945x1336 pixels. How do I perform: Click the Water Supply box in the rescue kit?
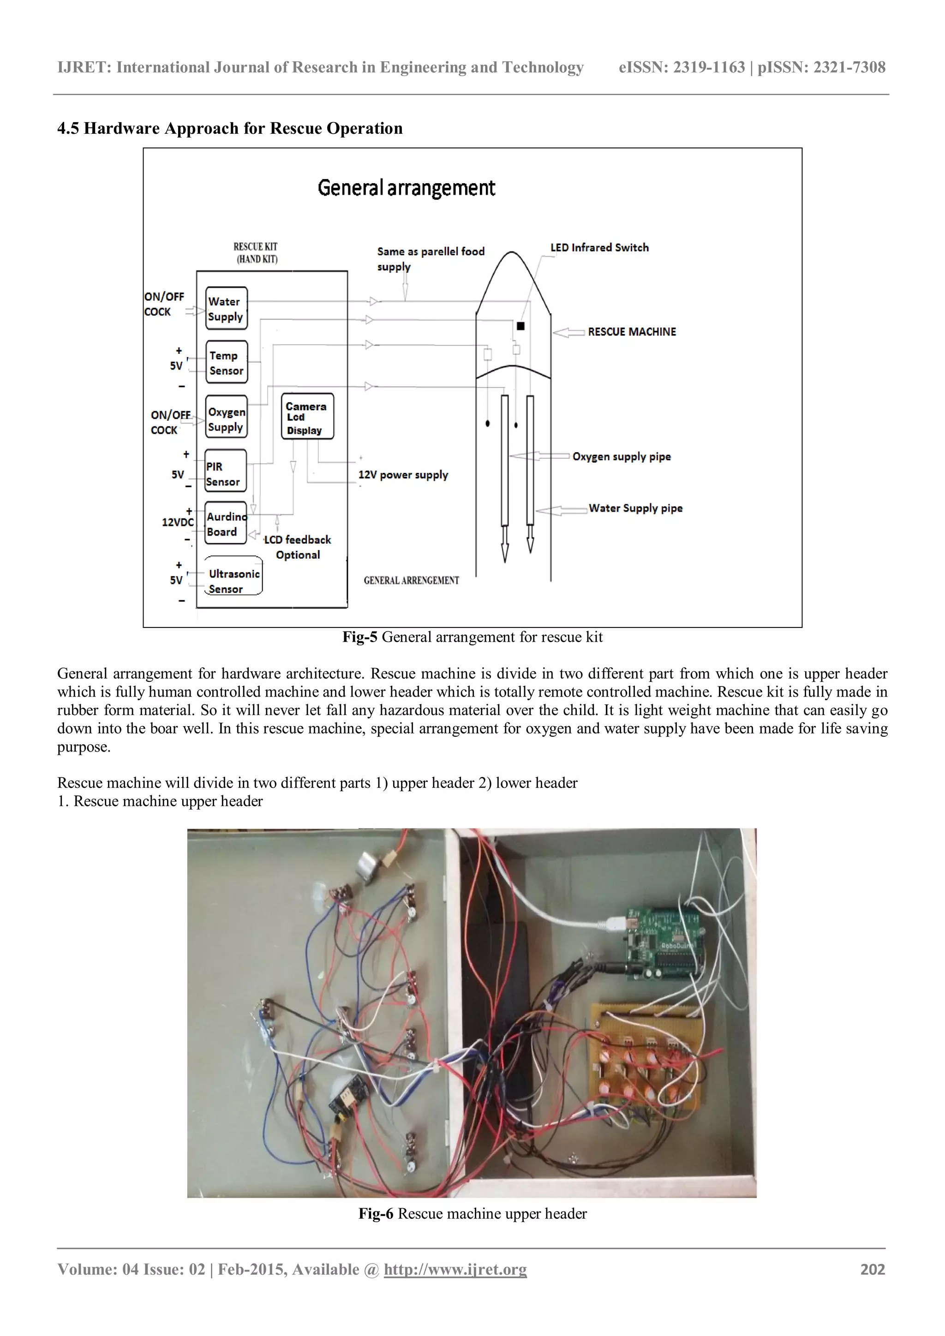pos(227,309)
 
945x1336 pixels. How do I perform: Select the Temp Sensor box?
pos(227,362)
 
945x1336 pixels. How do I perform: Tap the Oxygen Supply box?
pos(227,417)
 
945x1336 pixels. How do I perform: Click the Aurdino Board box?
pos(225,523)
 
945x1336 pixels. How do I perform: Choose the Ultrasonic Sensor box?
pos(233,576)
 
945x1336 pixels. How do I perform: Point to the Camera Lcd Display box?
pos(307,417)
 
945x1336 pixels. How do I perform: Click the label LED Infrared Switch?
pos(599,247)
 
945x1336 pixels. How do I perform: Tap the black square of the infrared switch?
pos(521,327)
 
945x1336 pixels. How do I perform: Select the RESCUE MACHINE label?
pos(632,332)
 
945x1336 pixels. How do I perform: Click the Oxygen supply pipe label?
pos(622,457)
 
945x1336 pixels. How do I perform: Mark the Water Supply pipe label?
pos(635,508)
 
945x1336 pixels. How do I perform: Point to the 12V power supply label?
pos(403,475)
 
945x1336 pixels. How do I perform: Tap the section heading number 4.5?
pos(68,129)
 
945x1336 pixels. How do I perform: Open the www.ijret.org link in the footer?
pos(455,1269)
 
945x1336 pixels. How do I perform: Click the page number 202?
pos(872,1269)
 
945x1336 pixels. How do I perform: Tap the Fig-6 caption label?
pos(375,1213)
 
